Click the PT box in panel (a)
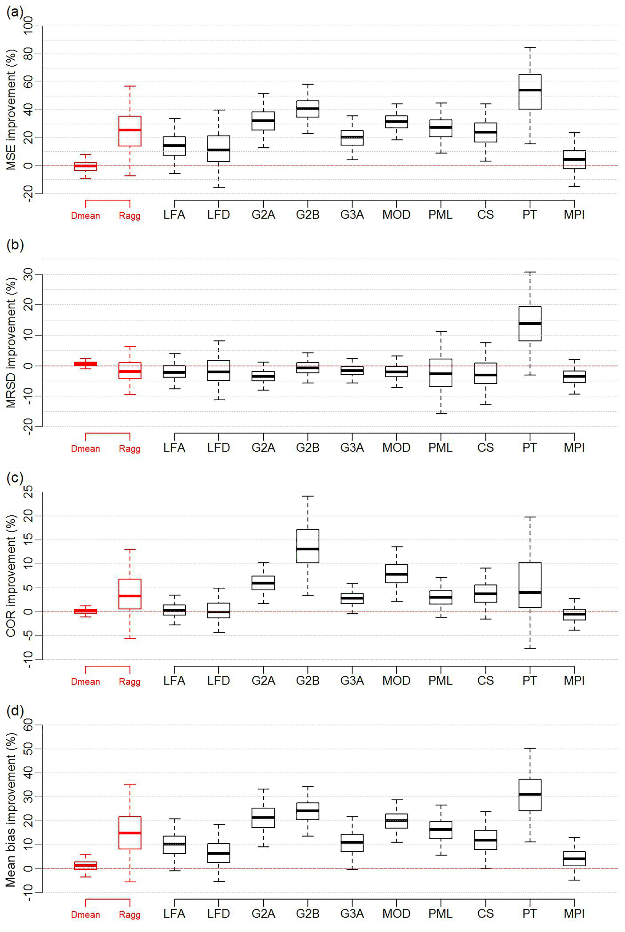click(530, 92)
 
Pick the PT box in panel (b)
click(530, 324)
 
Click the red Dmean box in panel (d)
click(85, 865)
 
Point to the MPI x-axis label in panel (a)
click(574, 215)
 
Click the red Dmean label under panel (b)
click(85, 449)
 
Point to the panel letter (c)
click(15, 478)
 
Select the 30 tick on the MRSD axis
click(28, 275)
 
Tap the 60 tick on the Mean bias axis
click(28, 725)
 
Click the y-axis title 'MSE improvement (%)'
click(11, 110)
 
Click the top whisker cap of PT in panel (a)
click(530, 48)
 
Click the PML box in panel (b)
click(441, 373)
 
